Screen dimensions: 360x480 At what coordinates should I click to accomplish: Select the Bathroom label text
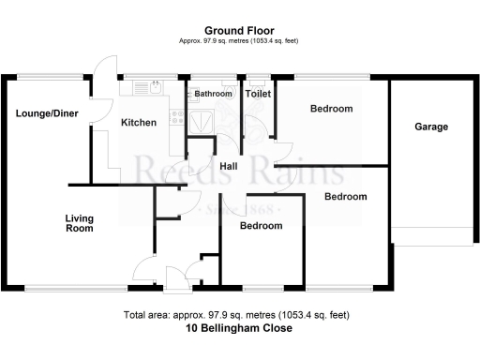click(213, 94)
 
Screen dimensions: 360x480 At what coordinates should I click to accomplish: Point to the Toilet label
click(258, 94)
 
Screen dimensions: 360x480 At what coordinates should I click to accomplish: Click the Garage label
click(431, 127)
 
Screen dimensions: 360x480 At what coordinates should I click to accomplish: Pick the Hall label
click(227, 167)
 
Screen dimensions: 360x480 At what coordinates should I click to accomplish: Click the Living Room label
click(79, 223)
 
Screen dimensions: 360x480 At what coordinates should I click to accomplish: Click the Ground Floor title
click(240, 31)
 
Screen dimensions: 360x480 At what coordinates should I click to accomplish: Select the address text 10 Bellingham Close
click(240, 329)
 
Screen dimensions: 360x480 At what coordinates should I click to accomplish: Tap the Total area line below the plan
click(240, 315)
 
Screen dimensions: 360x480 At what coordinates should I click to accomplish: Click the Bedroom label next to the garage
click(345, 197)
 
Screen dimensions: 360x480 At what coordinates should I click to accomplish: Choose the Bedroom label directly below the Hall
click(261, 226)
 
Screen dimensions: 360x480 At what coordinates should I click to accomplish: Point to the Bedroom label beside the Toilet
click(331, 109)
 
